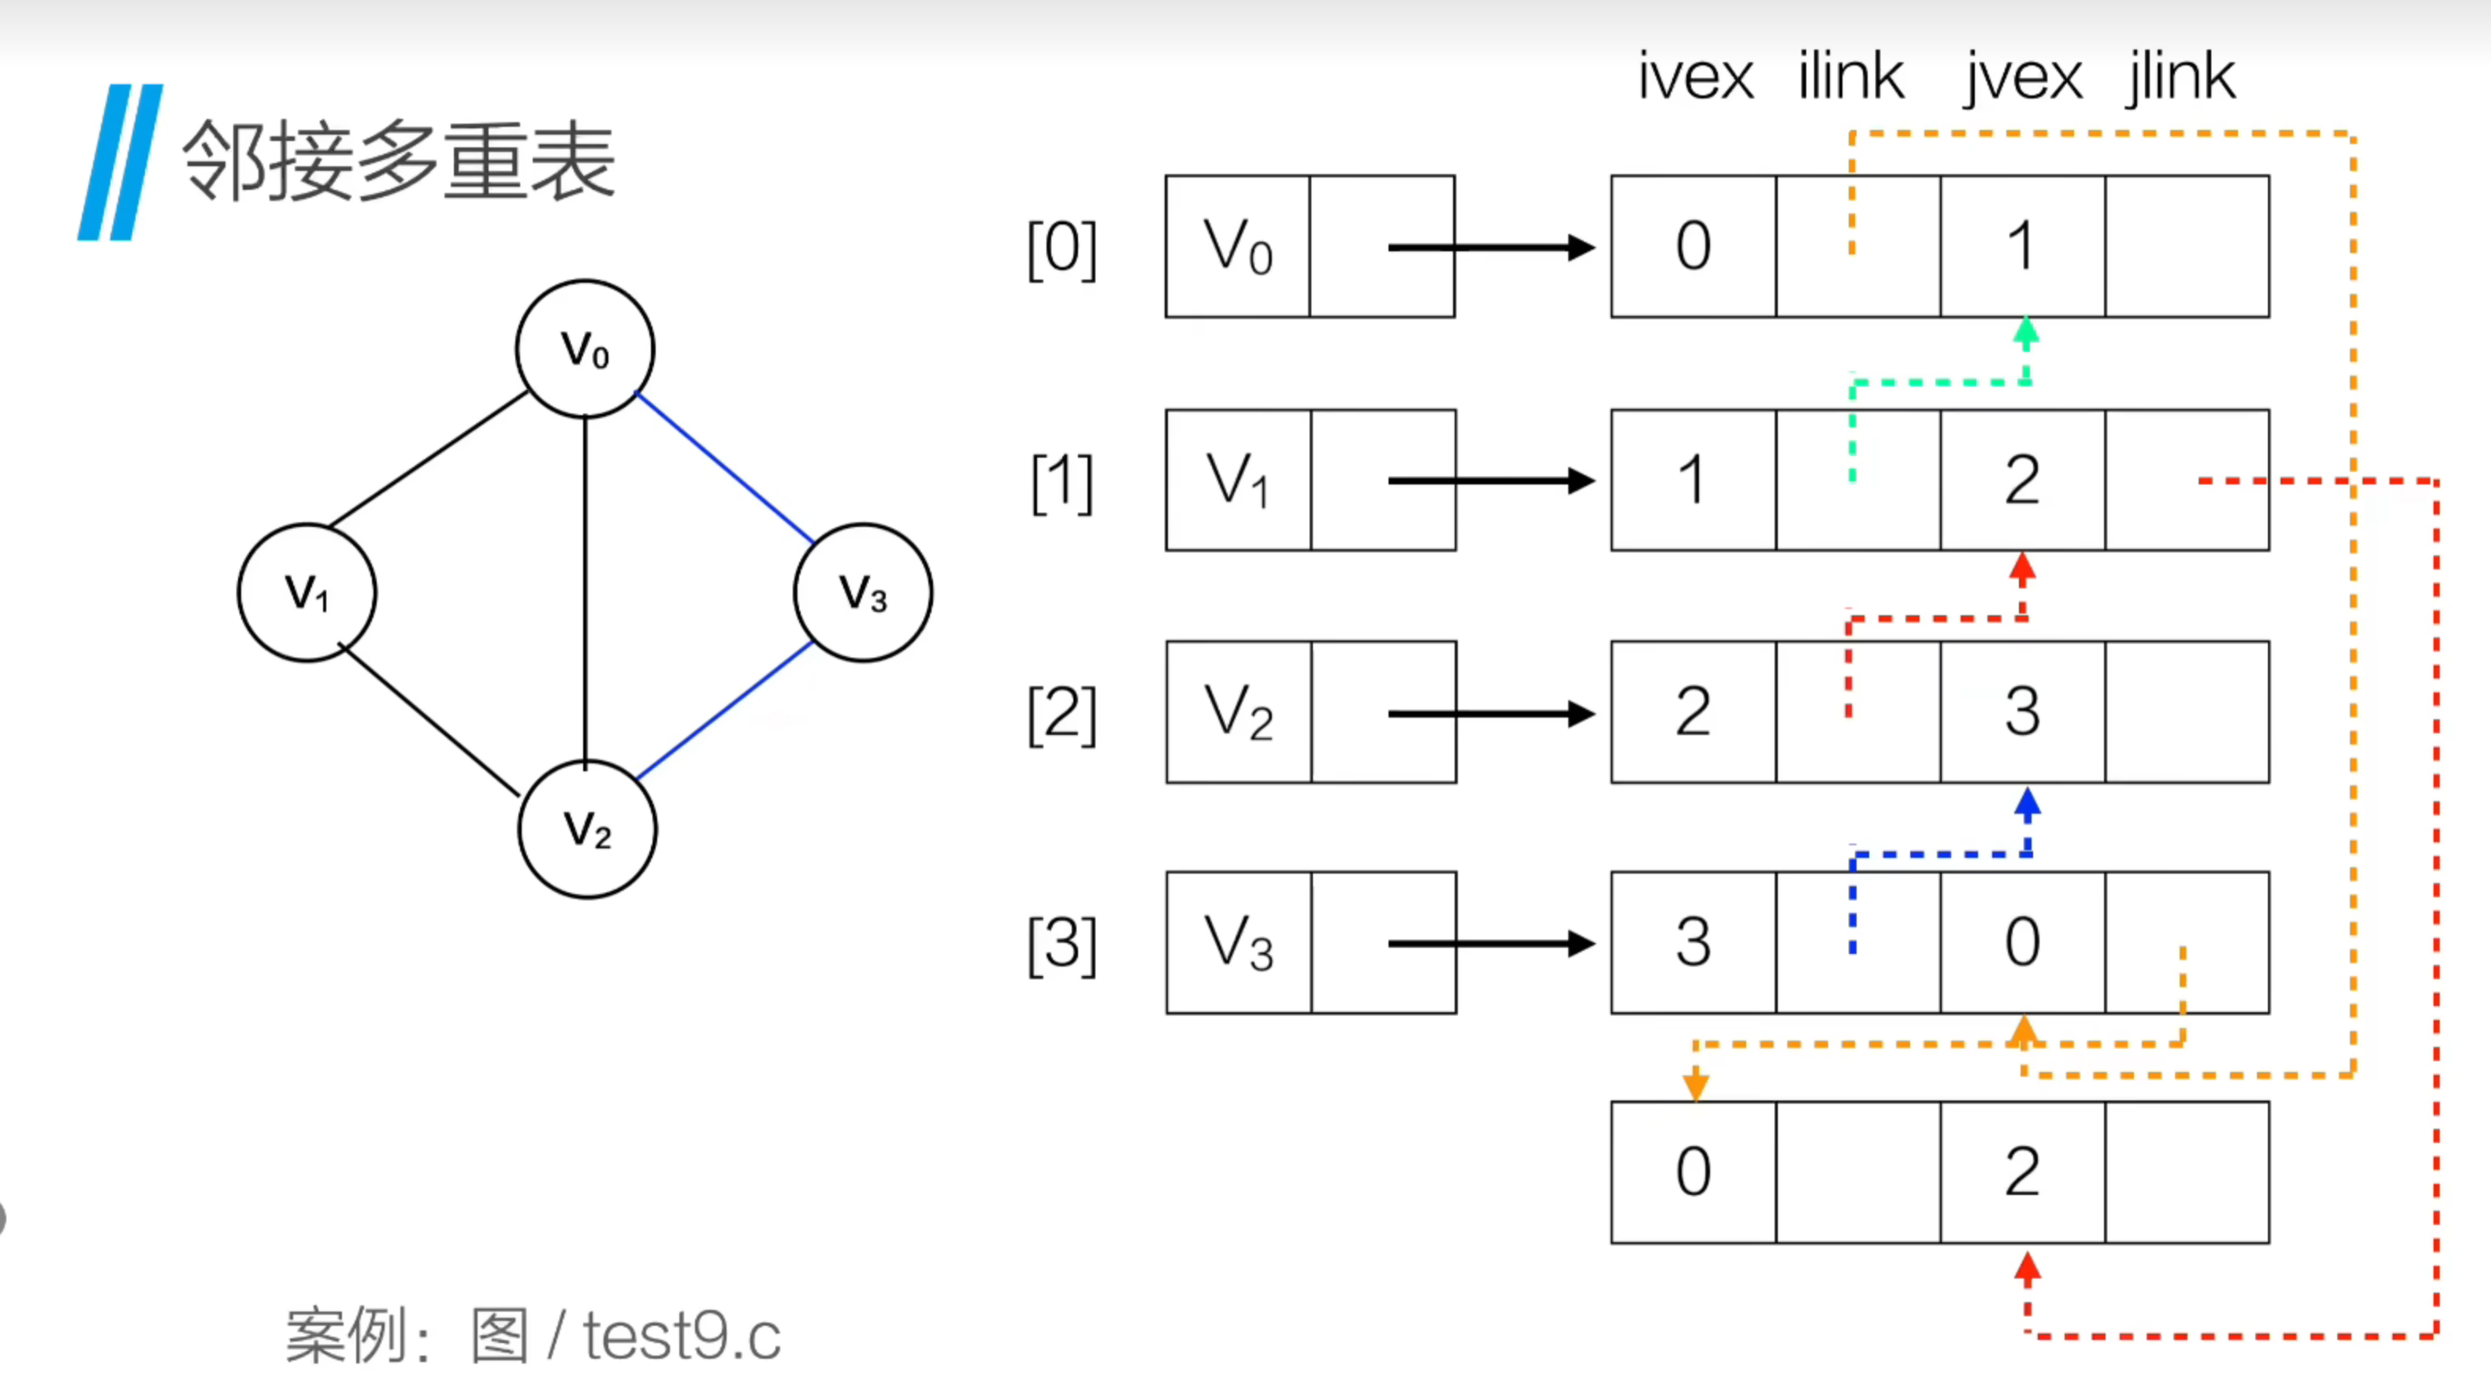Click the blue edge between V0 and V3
click(724, 466)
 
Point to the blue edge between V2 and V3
click(724, 711)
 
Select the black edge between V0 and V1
click(429, 459)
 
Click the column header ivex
click(1695, 76)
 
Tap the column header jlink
click(2181, 77)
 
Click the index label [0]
click(1061, 248)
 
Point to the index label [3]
click(1061, 944)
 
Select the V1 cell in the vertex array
click(1239, 481)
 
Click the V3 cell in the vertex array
click(1240, 943)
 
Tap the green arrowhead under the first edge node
click(2026, 332)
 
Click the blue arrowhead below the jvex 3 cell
click(2028, 803)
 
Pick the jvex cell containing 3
click(2023, 711)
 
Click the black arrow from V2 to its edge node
click(1491, 714)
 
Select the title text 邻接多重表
click(399, 161)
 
